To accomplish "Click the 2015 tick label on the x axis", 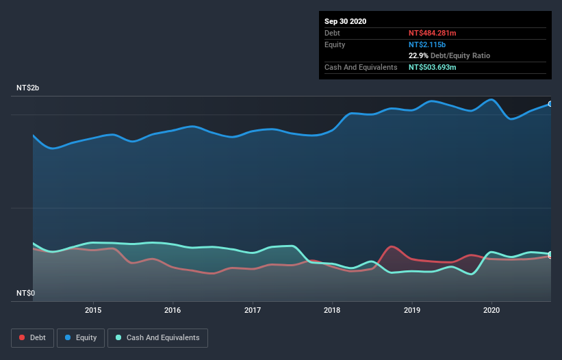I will pyautogui.click(x=93, y=310).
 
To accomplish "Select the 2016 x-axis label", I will pyautogui.click(x=173, y=310).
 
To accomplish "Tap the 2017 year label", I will pyautogui.click(x=253, y=310).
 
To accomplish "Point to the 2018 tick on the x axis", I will pyautogui.click(x=333, y=310).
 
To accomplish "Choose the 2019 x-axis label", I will pyautogui.click(x=412, y=310).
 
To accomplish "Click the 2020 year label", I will pyautogui.click(x=491, y=310).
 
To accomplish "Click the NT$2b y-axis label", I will pyautogui.click(x=28, y=88).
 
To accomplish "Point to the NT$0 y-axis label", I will pyautogui.click(x=25, y=293).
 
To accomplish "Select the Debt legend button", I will pyautogui.click(x=32, y=337).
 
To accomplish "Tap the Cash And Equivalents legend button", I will pyautogui.click(x=157, y=337).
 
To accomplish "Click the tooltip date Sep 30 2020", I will pyautogui.click(x=345, y=21).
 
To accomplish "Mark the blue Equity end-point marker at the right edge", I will pyautogui.click(x=550, y=104).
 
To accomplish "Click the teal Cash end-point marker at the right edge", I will pyautogui.click(x=550, y=254).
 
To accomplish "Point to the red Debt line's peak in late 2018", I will pyautogui.click(x=392, y=246).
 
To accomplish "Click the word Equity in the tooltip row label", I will pyautogui.click(x=335, y=44).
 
